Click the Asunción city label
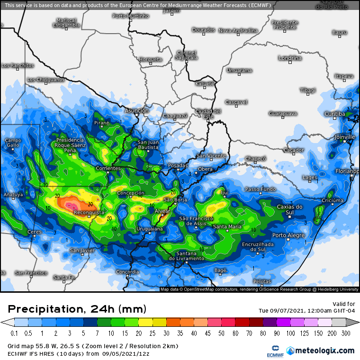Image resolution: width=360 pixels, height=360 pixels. pyautogui.click(x=136, y=110)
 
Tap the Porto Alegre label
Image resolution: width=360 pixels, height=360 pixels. pyautogui.click(x=288, y=235)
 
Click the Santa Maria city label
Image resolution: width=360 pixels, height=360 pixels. pyautogui.click(x=227, y=227)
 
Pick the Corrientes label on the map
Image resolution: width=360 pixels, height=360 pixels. pyautogui.click(x=108, y=168)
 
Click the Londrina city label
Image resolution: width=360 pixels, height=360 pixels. pyautogui.click(x=290, y=58)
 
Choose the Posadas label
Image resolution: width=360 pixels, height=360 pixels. pyautogui.click(x=178, y=165)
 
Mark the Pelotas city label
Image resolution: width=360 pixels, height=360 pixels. pyautogui.click(x=262, y=281)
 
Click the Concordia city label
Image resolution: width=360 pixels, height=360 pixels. pyautogui.click(x=127, y=272)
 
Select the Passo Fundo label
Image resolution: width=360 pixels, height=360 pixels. pyautogui.click(x=261, y=189)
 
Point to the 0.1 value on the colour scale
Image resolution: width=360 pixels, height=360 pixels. pyautogui.click(x=14, y=333)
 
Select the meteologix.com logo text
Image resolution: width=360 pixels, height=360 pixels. pyautogui.click(x=324, y=351)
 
